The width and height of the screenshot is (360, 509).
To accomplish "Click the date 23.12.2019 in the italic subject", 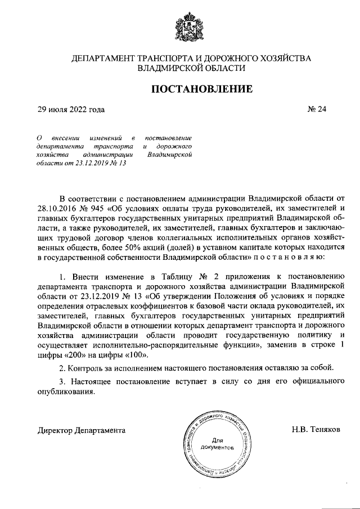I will point(94,164).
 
